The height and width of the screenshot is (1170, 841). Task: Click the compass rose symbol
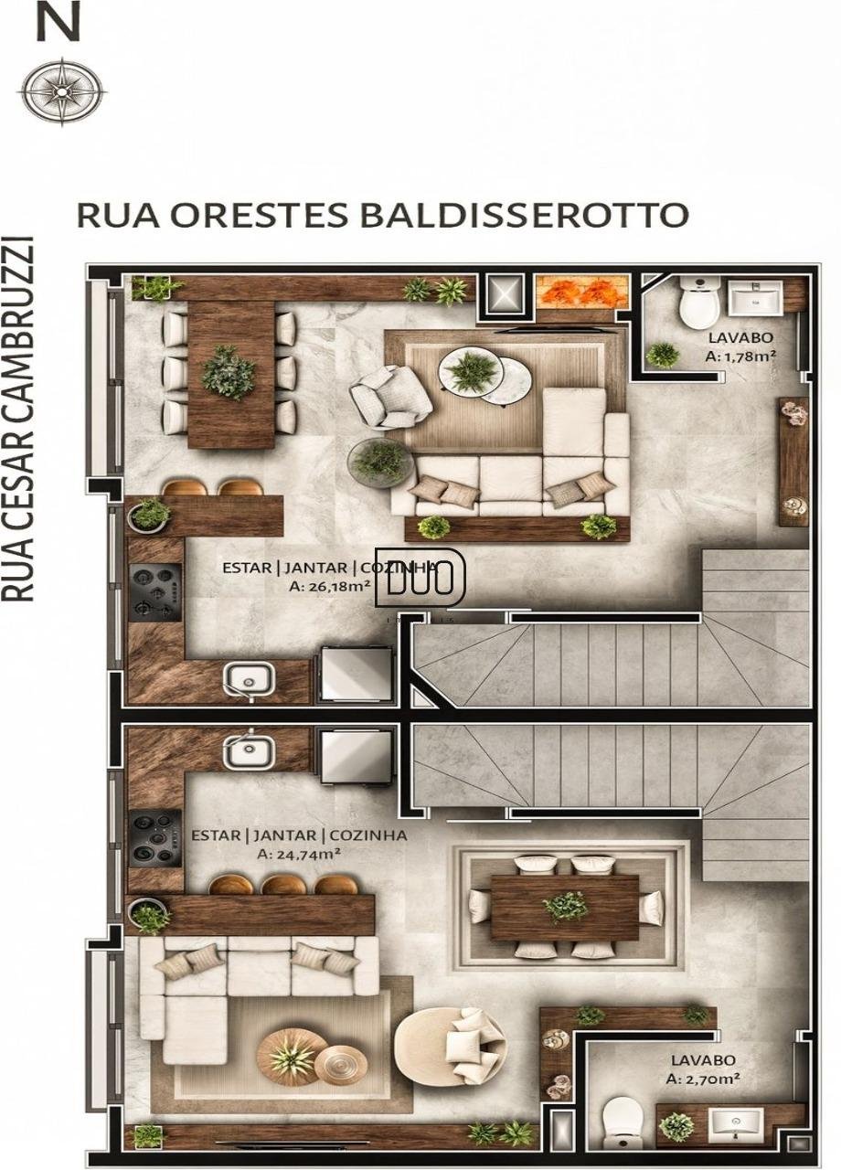[62, 90]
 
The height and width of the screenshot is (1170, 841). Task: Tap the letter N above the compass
[59, 21]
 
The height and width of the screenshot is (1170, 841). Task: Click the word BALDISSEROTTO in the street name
[523, 215]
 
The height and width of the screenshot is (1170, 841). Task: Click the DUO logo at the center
[420, 579]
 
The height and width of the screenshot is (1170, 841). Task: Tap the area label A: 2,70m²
[702, 1079]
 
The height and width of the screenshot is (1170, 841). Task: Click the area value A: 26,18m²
[329, 586]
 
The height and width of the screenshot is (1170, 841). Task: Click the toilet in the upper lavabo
[700, 303]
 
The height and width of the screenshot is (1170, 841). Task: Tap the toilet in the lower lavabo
[623, 1121]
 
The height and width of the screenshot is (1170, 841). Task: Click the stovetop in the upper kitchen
[154, 591]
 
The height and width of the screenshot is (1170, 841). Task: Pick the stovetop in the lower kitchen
[154, 837]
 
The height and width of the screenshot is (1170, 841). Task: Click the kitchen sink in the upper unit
[249, 678]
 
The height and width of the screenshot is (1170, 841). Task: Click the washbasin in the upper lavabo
[754, 298]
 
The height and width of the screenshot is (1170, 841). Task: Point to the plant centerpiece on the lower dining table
[565, 907]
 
